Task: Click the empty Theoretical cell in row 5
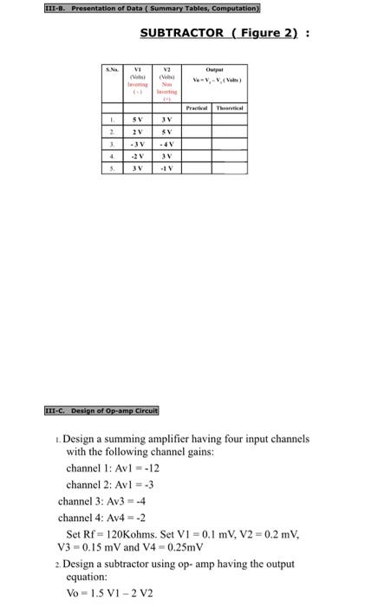[229, 169]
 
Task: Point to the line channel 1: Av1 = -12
[113, 468]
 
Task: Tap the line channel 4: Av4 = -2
[103, 518]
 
